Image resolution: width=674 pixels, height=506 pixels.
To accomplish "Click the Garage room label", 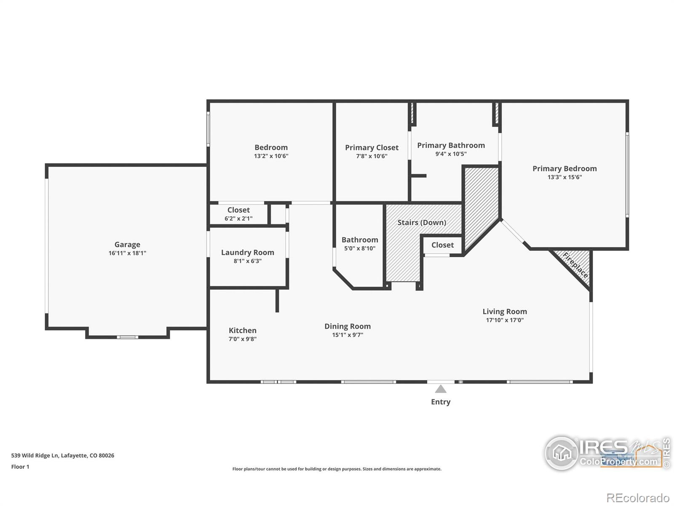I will [x=127, y=245].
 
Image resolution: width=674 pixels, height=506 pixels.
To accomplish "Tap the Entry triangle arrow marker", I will [x=441, y=389].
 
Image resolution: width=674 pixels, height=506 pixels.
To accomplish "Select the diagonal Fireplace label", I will [x=575, y=265].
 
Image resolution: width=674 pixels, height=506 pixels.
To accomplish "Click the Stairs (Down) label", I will [x=422, y=223].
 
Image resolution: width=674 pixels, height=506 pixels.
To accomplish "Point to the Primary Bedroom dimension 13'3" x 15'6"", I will [x=564, y=177].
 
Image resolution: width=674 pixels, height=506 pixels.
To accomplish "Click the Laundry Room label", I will [x=248, y=253].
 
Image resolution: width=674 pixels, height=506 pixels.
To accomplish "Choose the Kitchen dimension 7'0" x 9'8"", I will [x=242, y=339].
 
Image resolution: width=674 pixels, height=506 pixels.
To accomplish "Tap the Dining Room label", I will [x=348, y=326].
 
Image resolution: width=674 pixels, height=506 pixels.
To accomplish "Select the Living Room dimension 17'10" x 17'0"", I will [x=505, y=320].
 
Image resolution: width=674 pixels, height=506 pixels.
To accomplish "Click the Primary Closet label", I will [x=372, y=148].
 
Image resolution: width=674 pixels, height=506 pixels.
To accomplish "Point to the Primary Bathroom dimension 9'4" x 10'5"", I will [x=451, y=154].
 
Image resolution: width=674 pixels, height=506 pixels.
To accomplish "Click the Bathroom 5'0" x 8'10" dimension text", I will [x=359, y=248].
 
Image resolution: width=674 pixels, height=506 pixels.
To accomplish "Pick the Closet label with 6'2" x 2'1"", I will [x=238, y=210].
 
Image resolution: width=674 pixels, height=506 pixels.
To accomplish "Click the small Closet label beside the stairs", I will [x=442, y=245].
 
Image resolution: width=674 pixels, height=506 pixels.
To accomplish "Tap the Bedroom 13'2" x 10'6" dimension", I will [x=271, y=156].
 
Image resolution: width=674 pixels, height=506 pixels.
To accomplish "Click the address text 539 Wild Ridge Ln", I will [x=62, y=455].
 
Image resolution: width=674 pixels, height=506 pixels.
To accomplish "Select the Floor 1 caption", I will [x=20, y=467].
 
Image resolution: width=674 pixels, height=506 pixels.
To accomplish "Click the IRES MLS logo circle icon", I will [x=562, y=453].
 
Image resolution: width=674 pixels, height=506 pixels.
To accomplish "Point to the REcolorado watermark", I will [x=638, y=498].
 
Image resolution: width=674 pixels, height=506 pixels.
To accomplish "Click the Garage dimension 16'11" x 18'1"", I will [x=127, y=253].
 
